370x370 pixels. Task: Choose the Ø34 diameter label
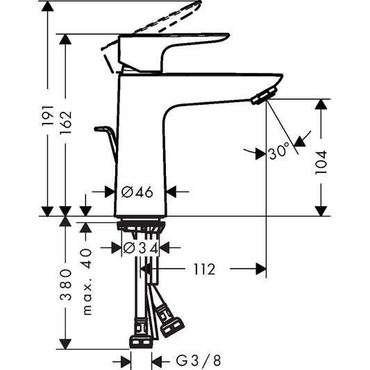pyautogui.click(x=141, y=247)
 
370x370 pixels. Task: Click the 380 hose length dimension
pyautogui.click(x=65, y=285)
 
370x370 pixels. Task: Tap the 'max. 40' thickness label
pyautogui.click(x=87, y=283)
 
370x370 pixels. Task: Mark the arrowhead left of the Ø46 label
pyautogui.click(x=108, y=192)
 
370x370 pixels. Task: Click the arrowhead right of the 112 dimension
pyautogui.click(x=260, y=269)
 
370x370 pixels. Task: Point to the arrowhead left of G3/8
pyautogui.click(x=126, y=361)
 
